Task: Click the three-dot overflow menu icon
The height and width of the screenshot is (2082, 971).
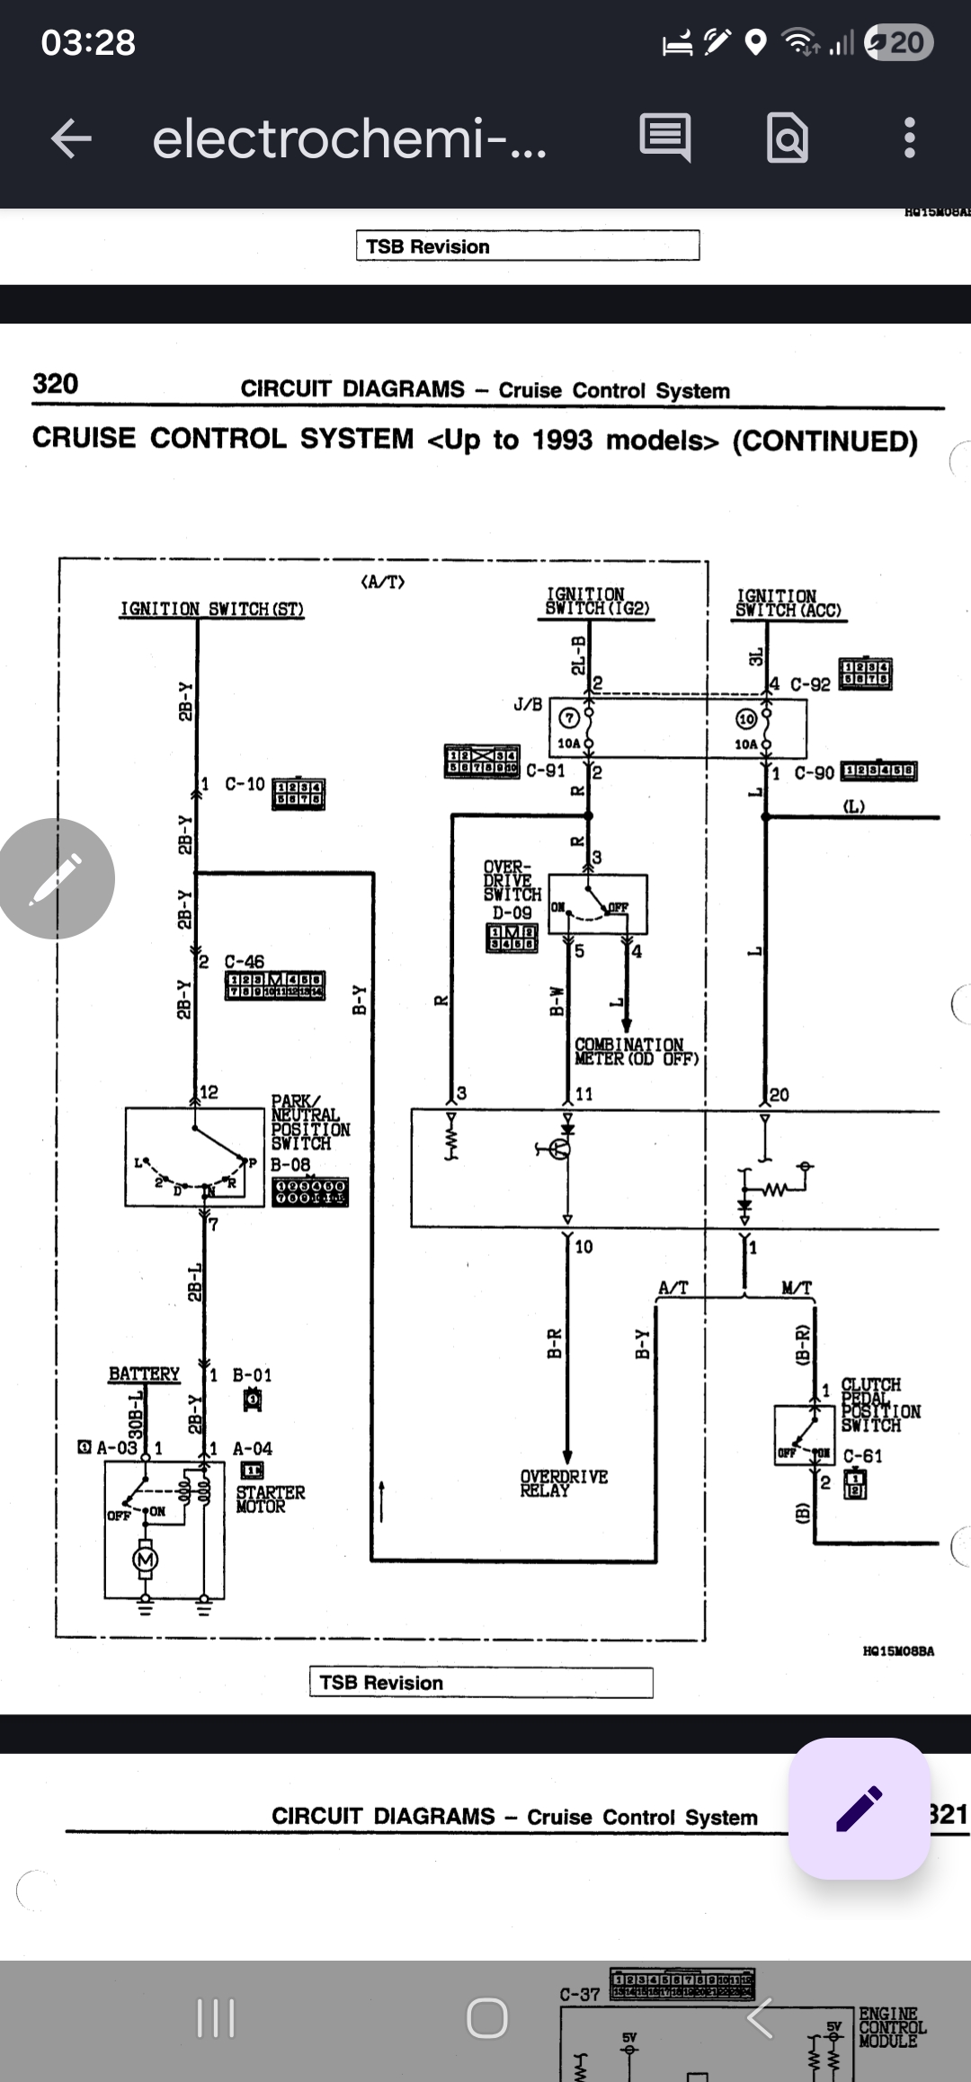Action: [909, 138]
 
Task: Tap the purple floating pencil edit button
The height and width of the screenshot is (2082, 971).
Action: [859, 1808]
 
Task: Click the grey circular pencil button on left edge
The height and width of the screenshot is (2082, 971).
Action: [56, 878]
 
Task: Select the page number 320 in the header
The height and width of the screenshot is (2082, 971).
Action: [56, 384]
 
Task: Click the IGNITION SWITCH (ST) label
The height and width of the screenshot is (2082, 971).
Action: [212, 609]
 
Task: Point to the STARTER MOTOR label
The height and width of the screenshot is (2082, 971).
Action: [270, 1499]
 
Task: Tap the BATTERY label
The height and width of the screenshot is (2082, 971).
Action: [144, 1374]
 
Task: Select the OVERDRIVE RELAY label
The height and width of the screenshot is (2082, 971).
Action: [564, 1482]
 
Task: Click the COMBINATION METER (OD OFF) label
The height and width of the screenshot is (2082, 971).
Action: [637, 1051]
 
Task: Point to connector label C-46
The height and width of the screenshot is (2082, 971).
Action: [245, 961]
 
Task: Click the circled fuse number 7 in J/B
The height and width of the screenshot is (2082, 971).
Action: [568, 717]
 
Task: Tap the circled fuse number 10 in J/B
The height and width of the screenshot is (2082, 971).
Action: [746, 718]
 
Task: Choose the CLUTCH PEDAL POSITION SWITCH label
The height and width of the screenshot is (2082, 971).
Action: [879, 1404]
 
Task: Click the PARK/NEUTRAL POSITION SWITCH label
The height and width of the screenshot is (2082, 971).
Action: [310, 1122]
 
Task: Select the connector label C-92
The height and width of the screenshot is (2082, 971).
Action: [810, 684]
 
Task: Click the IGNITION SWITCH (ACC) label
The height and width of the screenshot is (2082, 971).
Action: [788, 602]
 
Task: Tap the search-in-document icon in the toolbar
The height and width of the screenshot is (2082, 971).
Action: [787, 138]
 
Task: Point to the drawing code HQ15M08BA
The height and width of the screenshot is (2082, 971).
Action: [898, 1650]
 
